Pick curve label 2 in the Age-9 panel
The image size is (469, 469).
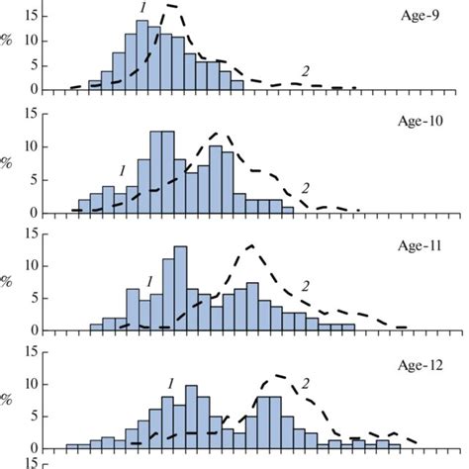tap(304, 71)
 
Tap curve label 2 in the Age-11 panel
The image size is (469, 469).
tap(305, 287)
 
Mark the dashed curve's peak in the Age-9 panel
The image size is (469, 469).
tap(171, 6)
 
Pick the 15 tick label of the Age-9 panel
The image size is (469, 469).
tap(32, 15)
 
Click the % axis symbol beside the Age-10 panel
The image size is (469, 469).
tap(7, 162)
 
